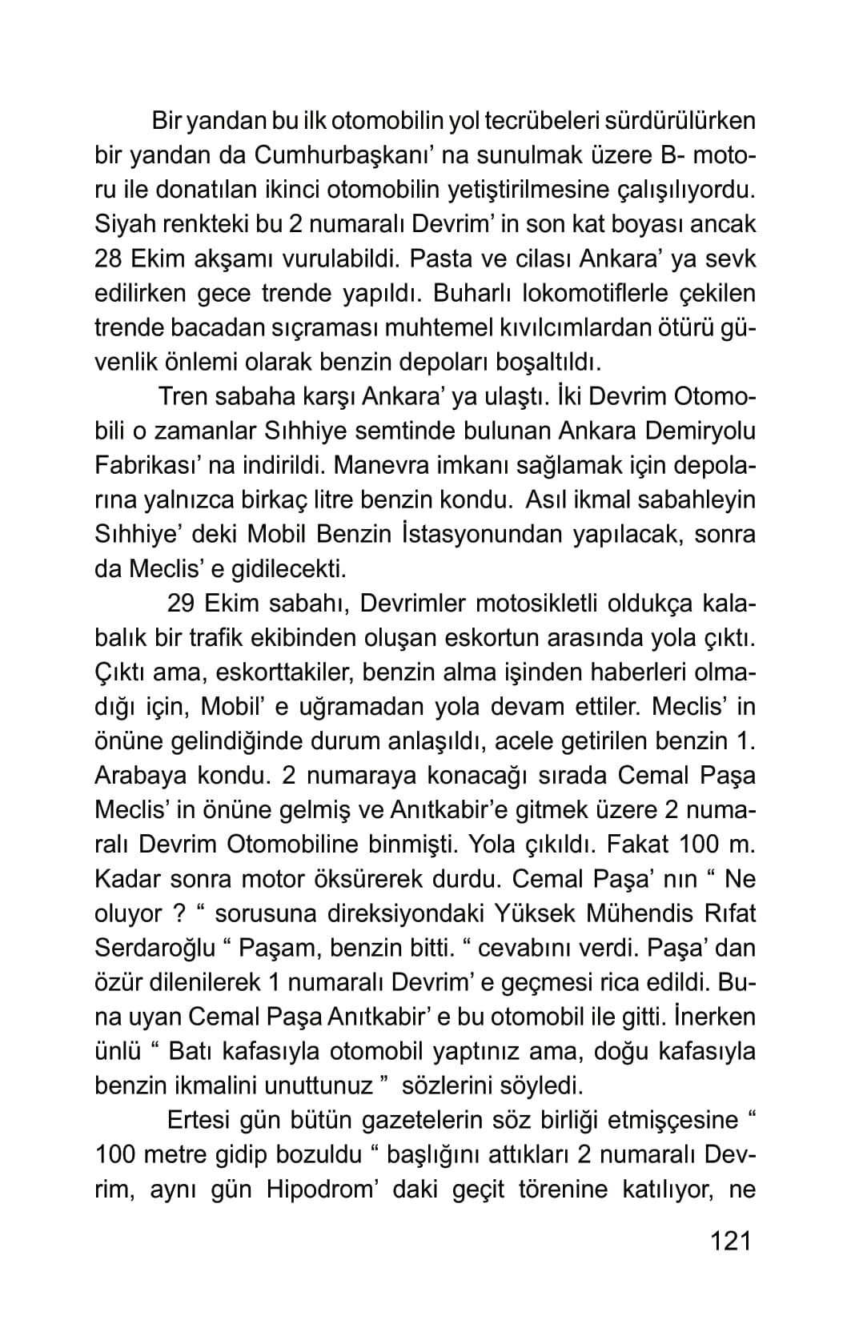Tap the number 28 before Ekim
110,259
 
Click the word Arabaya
142,775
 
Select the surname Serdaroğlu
155,947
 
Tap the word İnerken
715,1016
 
